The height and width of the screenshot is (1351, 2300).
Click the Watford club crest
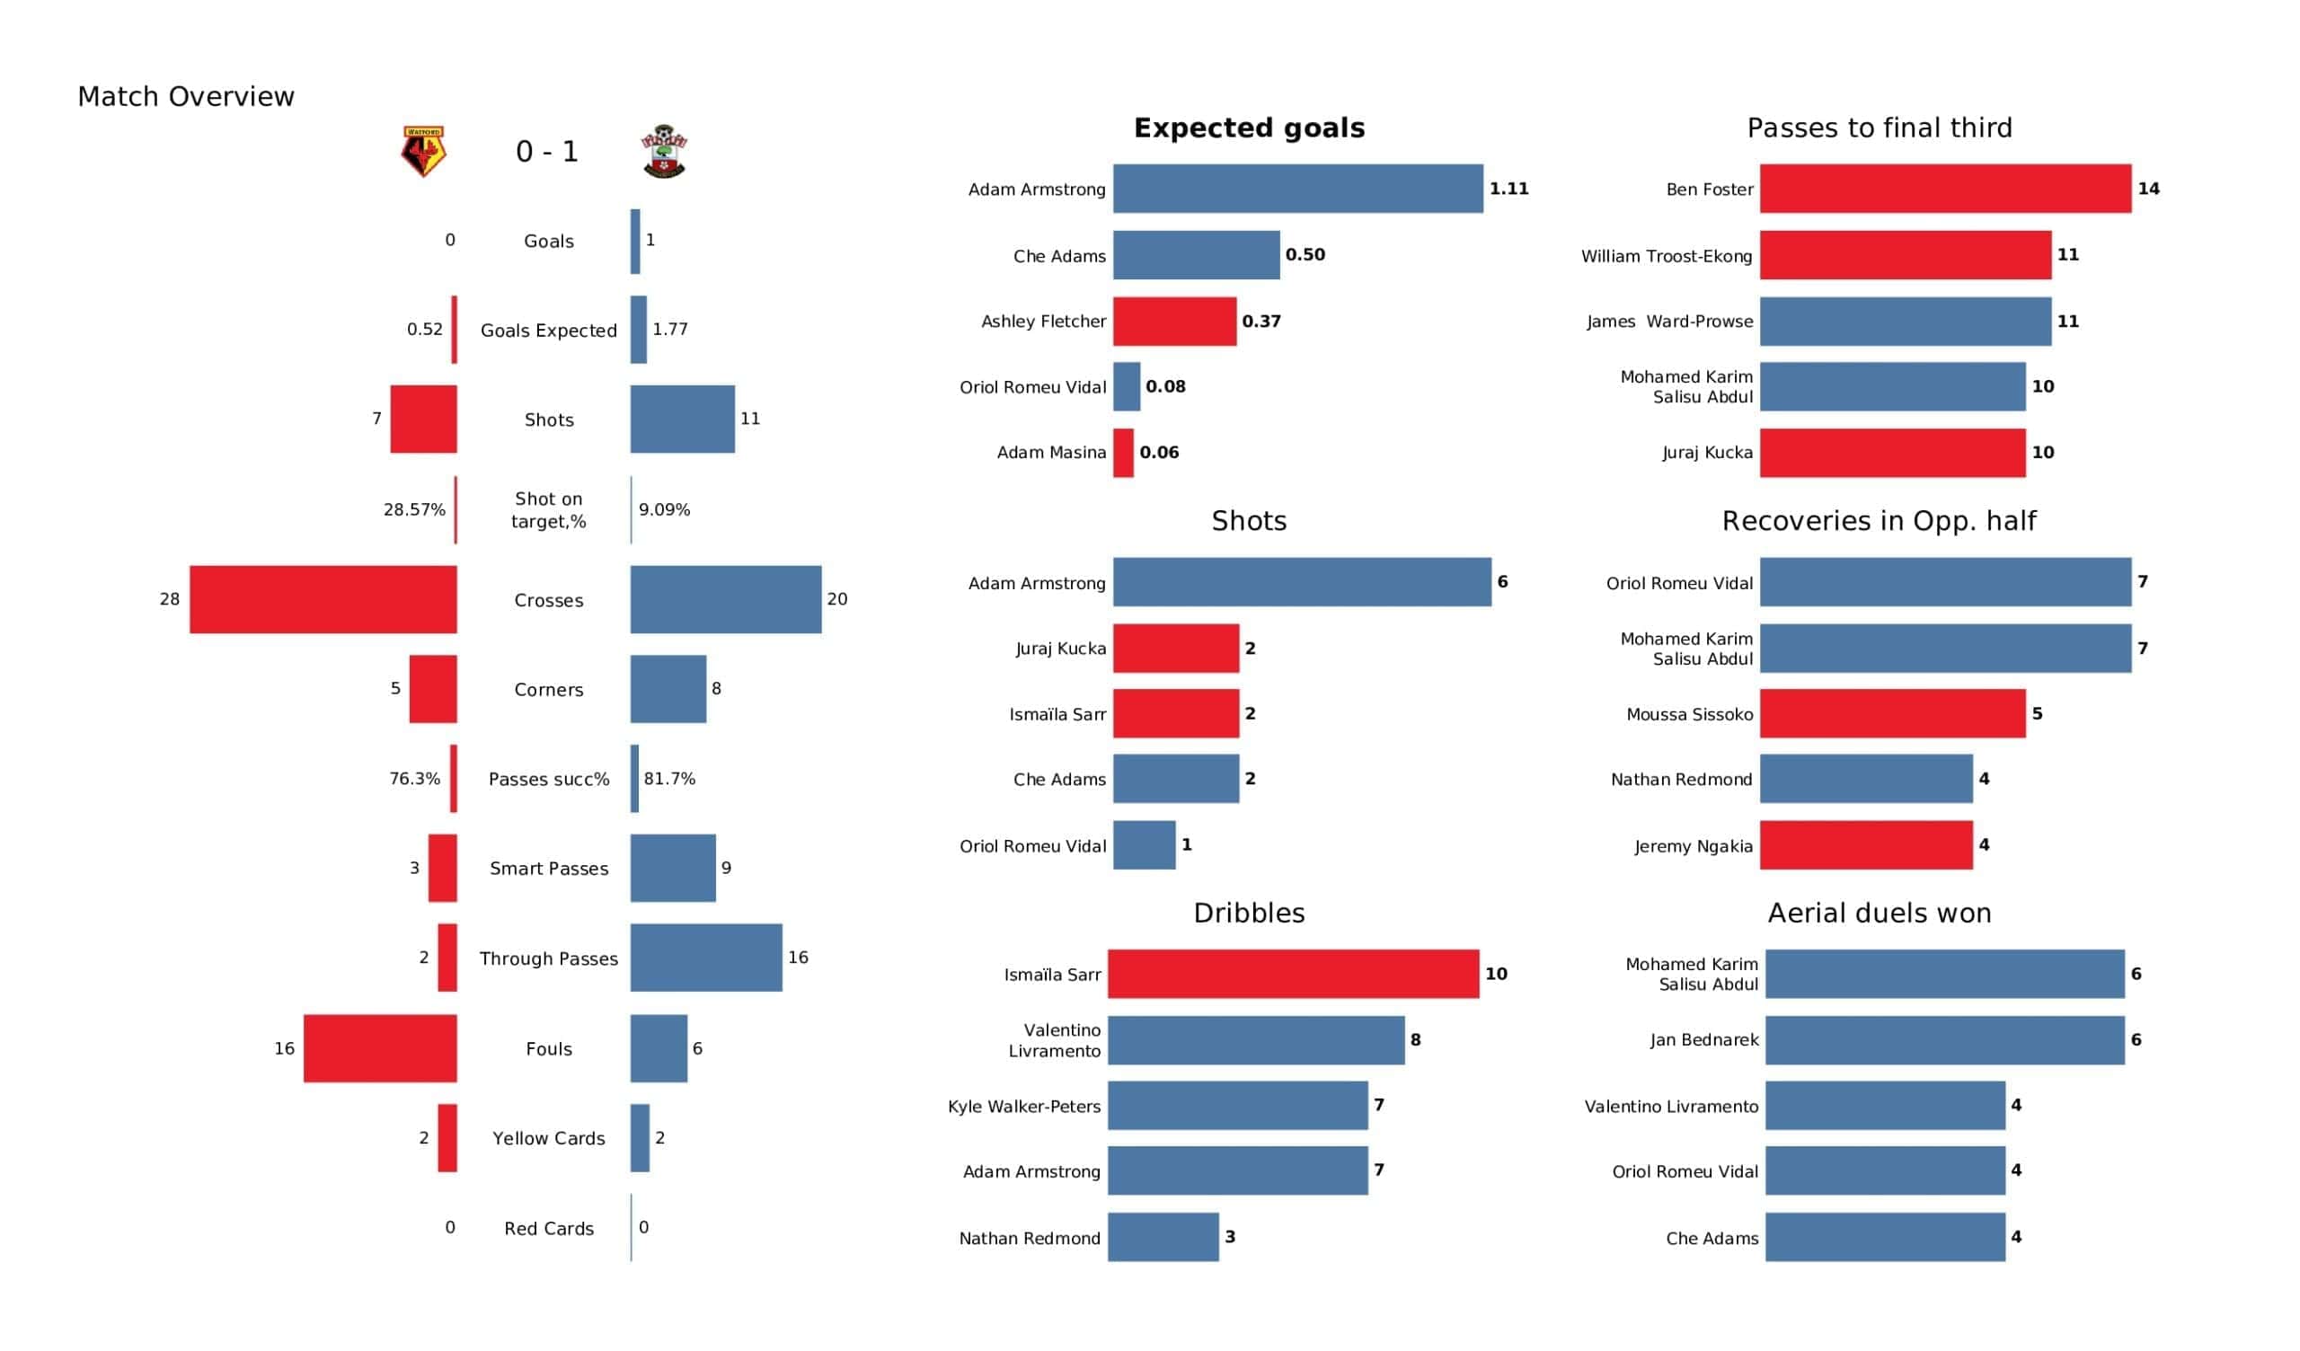click(x=423, y=152)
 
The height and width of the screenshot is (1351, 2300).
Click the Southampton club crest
click(x=665, y=152)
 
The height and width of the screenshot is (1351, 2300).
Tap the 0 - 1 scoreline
click(x=547, y=152)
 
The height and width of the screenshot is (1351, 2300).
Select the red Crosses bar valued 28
click(x=323, y=600)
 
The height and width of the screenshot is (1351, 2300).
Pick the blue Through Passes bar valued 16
click(x=706, y=958)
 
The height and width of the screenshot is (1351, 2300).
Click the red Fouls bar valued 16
click(x=381, y=1049)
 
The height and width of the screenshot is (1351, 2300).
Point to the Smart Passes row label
click(x=549, y=869)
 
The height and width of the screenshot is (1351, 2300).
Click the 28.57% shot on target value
click(x=414, y=509)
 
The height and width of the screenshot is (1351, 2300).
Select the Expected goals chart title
click(x=1250, y=128)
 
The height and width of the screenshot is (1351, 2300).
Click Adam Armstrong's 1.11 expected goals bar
click(x=1298, y=189)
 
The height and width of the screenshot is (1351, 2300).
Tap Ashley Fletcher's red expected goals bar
click(x=1174, y=322)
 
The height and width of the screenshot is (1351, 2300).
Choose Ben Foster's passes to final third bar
click(x=1946, y=189)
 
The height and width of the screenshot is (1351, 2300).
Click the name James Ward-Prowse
click(x=1669, y=322)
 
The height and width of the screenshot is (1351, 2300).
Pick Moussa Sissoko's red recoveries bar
click(x=1893, y=714)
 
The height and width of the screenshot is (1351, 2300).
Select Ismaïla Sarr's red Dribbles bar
click(x=1293, y=974)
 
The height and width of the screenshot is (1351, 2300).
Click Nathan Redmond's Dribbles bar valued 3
click(x=1163, y=1237)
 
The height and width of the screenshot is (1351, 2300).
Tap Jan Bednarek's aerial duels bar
click(x=1945, y=1039)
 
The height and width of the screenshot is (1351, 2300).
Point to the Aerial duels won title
click(x=1880, y=913)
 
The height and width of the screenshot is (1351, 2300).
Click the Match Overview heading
click(x=186, y=97)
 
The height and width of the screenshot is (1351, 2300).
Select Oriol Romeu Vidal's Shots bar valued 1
click(x=1145, y=845)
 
